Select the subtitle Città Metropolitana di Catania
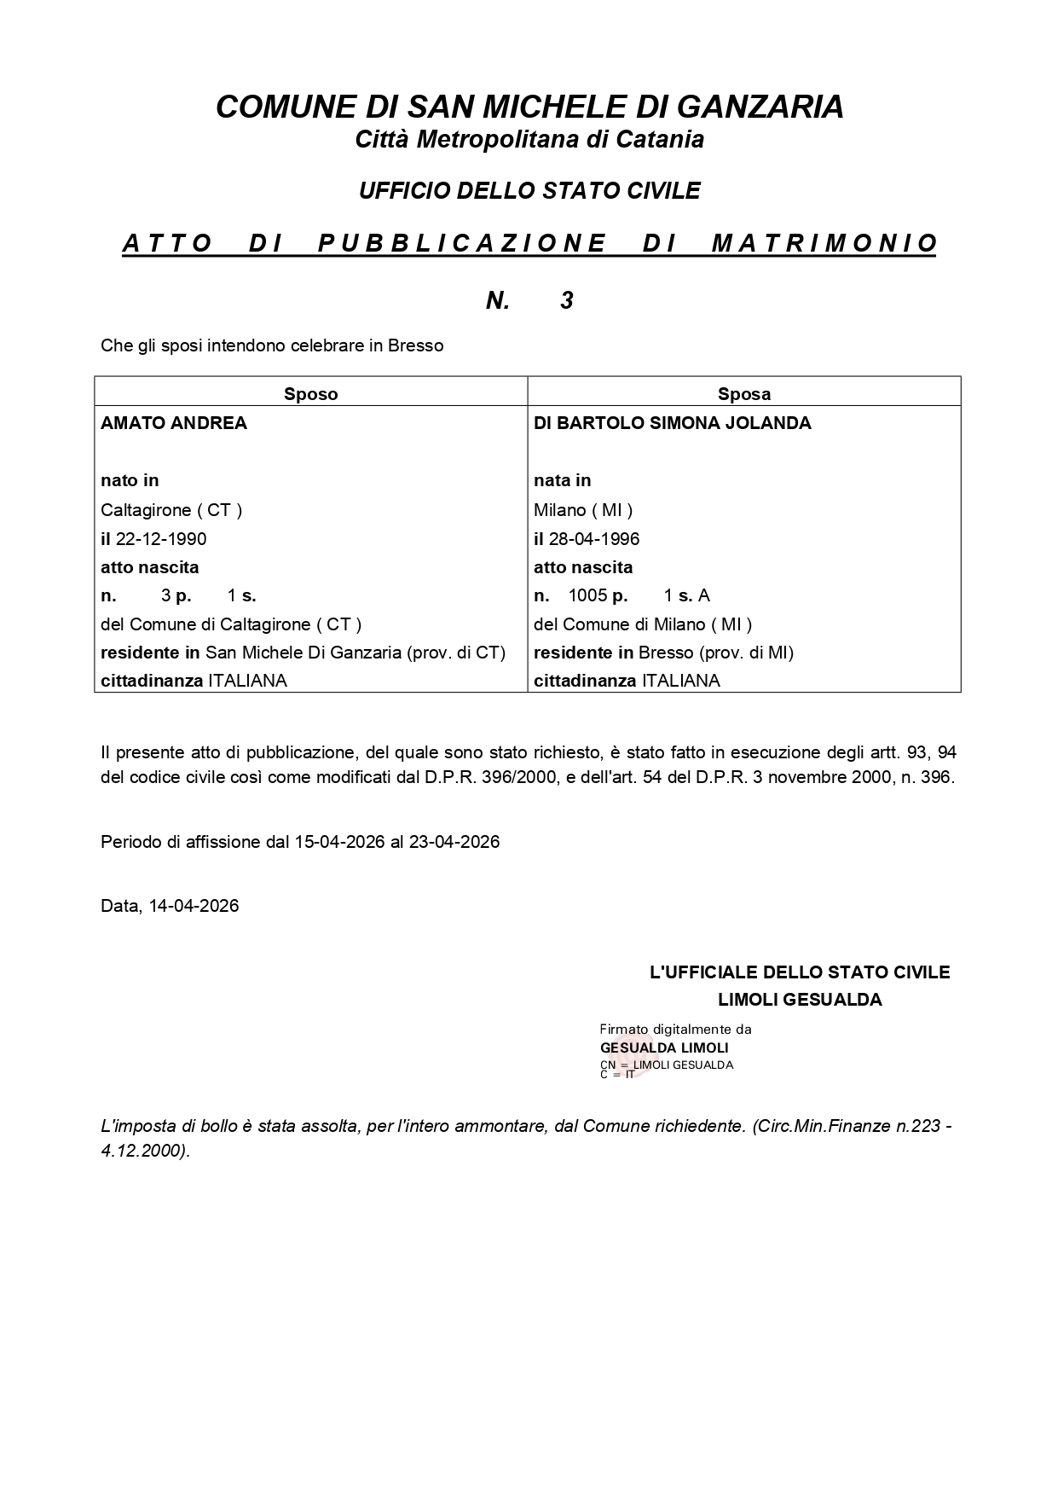click(529, 140)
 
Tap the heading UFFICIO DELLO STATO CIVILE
click(529, 191)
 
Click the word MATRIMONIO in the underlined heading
click(824, 244)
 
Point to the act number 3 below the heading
click(567, 300)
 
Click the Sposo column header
click(311, 394)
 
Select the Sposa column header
click(744, 394)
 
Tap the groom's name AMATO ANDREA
click(174, 423)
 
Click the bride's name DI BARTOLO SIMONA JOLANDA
click(673, 423)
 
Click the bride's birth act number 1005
click(587, 595)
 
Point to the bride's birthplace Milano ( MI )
click(583, 510)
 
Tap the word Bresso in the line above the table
click(416, 346)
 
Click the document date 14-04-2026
click(194, 906)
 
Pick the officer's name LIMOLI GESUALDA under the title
click(800, 1000)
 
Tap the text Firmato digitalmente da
click(675, 1030)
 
